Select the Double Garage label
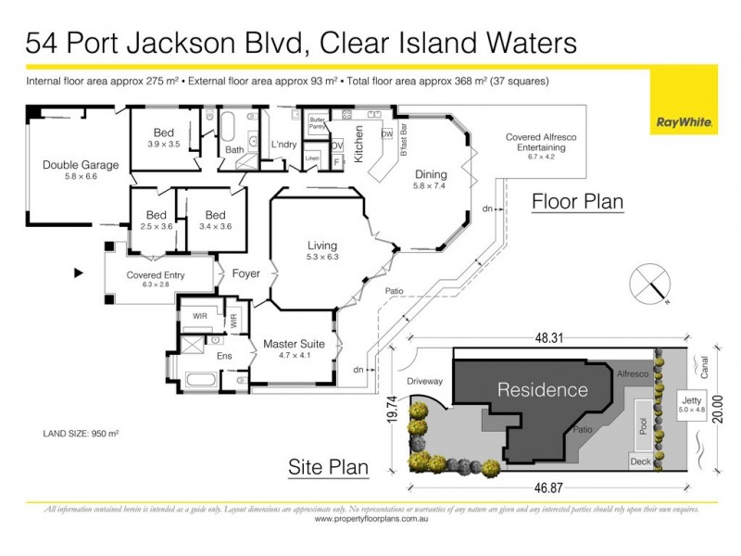click(x=81, y=171)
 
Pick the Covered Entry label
click(x=156, y=280)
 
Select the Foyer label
click(x=246, y=274)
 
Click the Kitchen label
click(x=359, y=149)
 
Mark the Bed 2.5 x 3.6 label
click(x=149, y=219)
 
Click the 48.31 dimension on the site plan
click(x=550, y=340)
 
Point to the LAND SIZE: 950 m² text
click(x=82, y=433)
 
